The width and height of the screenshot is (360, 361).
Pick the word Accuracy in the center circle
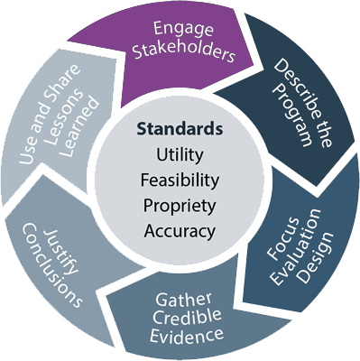[x=180, y=231]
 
